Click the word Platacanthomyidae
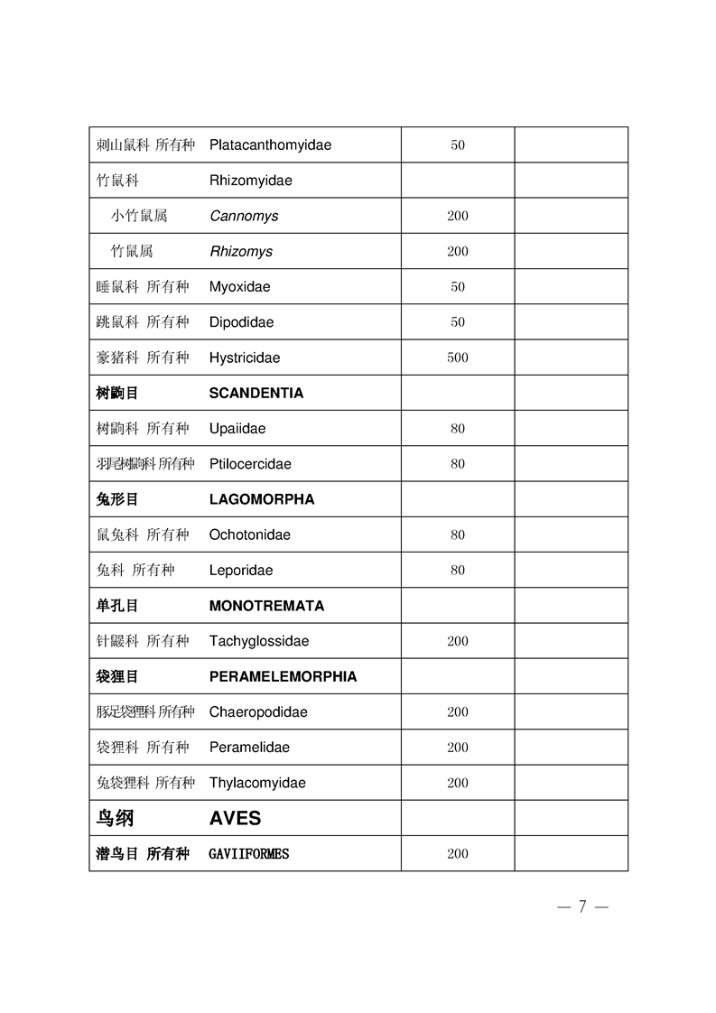270,144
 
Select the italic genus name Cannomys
244,216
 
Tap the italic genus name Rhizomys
240,251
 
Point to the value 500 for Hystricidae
458,358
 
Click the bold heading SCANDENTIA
256,393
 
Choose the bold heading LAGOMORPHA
261,499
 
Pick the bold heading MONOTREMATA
266,605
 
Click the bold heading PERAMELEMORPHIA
283,676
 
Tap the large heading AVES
235,818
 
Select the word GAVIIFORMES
248,853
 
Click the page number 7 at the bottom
582,906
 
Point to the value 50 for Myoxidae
458,287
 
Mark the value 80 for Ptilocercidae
458,464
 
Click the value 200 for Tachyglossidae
458,641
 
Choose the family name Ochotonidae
249,534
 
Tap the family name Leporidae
240,570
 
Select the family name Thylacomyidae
257,783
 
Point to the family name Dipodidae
241,322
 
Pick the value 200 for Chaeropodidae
458,711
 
